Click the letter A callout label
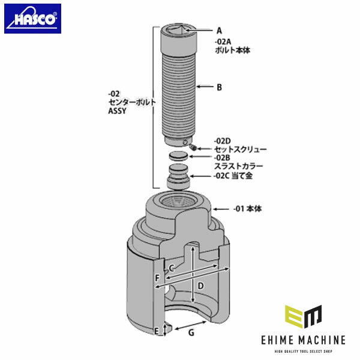(x=219, y=30)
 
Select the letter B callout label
(x=219, y=87)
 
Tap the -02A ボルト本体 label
(x=232, y=46)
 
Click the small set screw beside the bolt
(x=191, y=146)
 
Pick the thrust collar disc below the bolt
(x=179, y=156)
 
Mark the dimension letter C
(x=172, y=268)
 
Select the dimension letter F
(x=157, y=278)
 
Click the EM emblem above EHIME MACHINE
(x=303, y=317)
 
